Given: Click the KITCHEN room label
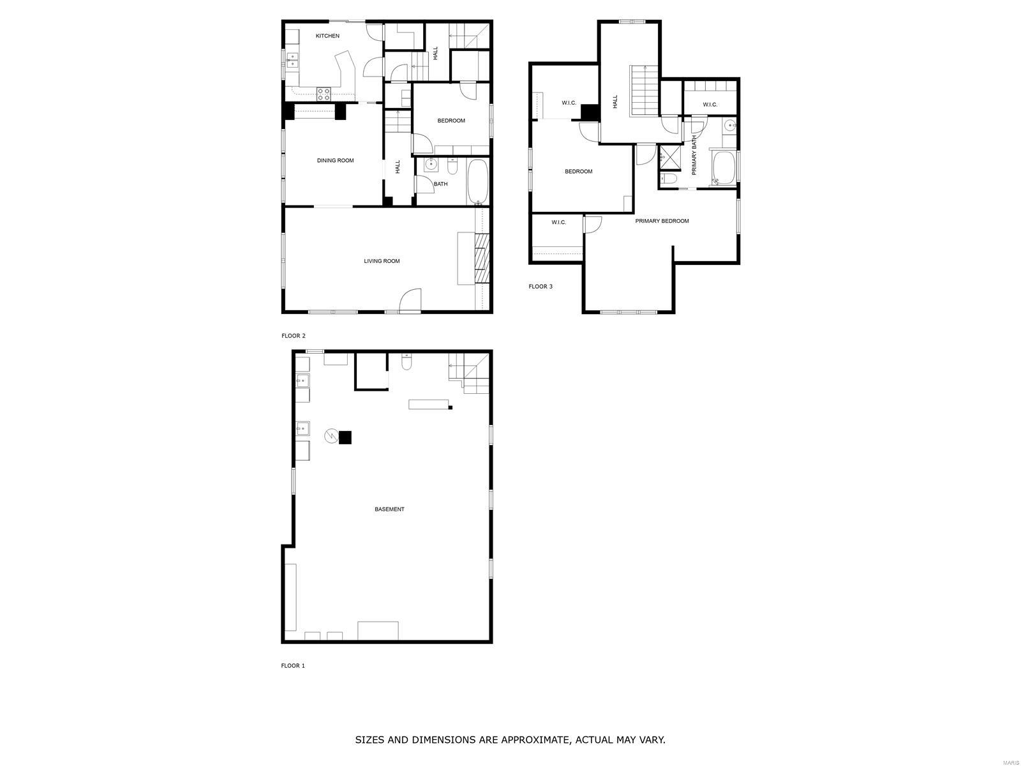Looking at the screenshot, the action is [327, 36].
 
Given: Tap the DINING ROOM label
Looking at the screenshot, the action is [335, 160].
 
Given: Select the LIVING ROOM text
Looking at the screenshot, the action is [382, 261].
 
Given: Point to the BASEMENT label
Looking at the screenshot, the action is [389, 509].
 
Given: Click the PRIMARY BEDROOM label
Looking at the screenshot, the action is [662, 221].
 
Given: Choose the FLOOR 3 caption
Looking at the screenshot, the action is [540, 287].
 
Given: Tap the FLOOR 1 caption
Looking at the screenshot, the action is [292, 666].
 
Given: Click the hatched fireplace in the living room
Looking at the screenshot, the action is [482, 258].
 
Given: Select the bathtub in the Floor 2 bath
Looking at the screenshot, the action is [477, 182].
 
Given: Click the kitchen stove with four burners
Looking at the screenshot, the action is [324, 94].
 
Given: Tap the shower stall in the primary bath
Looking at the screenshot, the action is [668, 158].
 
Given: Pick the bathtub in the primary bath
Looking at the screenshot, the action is [722, 167].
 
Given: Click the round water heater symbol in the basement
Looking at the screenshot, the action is [331, 435].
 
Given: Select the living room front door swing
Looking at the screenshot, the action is [410, 301].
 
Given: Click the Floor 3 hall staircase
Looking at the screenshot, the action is [645, 91].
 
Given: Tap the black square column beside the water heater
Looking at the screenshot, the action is [345, 438].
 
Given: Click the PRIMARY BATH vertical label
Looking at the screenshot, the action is [694, 155].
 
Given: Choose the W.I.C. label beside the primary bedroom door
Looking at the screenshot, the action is [558, 222].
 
